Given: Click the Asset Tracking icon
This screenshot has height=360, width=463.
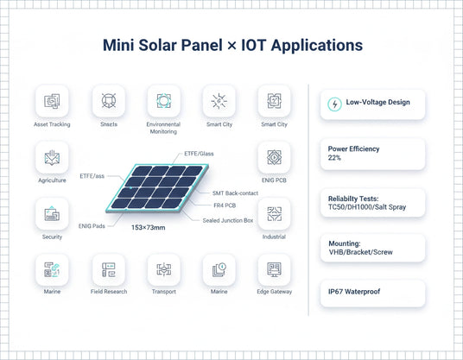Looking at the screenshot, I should point(53,101).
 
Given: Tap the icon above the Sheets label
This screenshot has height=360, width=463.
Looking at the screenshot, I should point(109,101).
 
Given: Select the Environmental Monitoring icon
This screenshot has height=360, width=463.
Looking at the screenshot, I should point(163,101).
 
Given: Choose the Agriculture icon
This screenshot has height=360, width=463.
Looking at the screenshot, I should point(53,158).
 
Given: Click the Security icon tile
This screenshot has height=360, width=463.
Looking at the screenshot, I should point(53,214).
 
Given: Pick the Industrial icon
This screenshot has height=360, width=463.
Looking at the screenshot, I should point(274,214).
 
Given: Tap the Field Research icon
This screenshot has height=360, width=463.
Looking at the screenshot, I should point(109,270).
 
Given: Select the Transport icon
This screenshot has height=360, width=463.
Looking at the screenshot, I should point(163,270).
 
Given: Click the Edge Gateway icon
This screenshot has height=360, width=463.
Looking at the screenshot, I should point(274,270).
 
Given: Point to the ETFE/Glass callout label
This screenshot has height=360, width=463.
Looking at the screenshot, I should point(200,154).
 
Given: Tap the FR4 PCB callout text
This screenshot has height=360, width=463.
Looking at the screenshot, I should point(226,205).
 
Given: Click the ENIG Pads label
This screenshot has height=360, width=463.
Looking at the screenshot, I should point(92,224).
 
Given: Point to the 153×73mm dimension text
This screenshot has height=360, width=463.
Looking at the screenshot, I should point(149,226).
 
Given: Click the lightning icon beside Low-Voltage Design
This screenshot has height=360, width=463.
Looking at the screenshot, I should point(333,104).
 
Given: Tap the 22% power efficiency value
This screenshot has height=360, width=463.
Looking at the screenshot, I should point(335,159).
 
